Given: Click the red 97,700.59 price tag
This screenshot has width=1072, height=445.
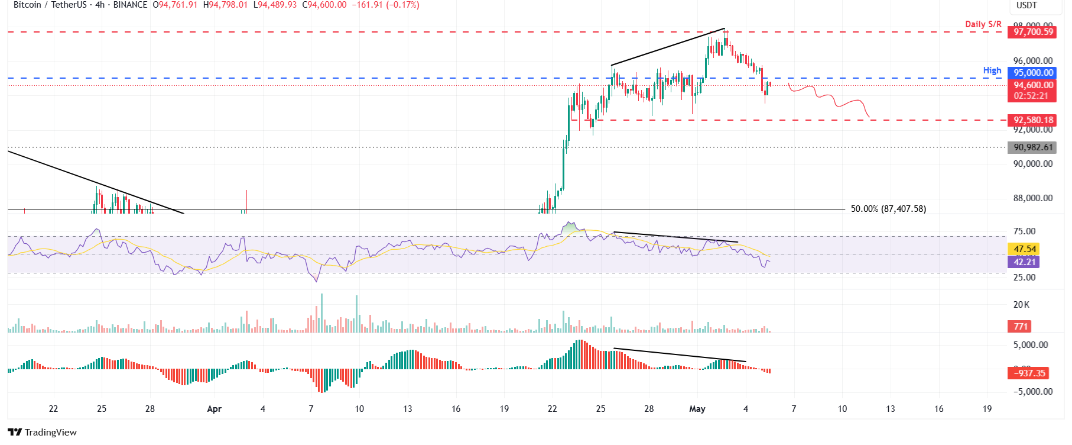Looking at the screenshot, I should pyautogui.click(x=1033, y=32).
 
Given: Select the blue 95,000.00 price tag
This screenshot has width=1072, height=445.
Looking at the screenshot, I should pyautogui.click(x=1033, y=73).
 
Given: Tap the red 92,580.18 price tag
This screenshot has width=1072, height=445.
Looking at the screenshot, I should pyautogui.click(x=1033, y=120).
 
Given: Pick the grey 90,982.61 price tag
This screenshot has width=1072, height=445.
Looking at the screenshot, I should pyautogui.click(x=1033, y=147).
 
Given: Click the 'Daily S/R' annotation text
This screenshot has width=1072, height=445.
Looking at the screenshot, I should pyautogui.click(x=983, y=24).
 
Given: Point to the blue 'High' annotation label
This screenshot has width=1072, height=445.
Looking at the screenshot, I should pyautogui.click(x=992, y=70).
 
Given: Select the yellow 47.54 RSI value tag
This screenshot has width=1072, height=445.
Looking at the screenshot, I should pyautogui.click(x=1025, y=249).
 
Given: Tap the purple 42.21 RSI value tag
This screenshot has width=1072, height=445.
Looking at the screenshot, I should pyautogui.click(x=1025, y=262).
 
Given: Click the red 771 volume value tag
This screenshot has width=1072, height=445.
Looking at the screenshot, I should pyautogui.click(x=1021, y=326).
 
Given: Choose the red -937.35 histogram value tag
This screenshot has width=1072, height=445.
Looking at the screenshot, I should pyautogui.click(x=1029, y=373).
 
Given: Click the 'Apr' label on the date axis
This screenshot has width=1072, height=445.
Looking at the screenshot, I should pyautogui.click(x=215, y=409).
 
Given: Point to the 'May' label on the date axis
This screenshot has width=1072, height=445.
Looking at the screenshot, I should pyautogui.click(x=697, y=409).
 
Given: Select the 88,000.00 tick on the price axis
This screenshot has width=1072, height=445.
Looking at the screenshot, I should pyautogui.click(x=1032, y=198).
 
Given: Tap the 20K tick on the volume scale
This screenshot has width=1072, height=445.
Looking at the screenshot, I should pyautogui.click(x=1021, y=305).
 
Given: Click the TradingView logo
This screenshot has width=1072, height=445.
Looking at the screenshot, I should pyautogui.click(x=43, y=432).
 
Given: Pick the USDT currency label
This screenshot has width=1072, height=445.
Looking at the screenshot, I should pyautogui.click(x=1026, y=5).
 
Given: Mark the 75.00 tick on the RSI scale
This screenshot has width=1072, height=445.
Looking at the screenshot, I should pyautogui.click(x=1024, y=231).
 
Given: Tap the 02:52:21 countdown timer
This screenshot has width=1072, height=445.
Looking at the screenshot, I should pyautogui.click(x=1031, y=96).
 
